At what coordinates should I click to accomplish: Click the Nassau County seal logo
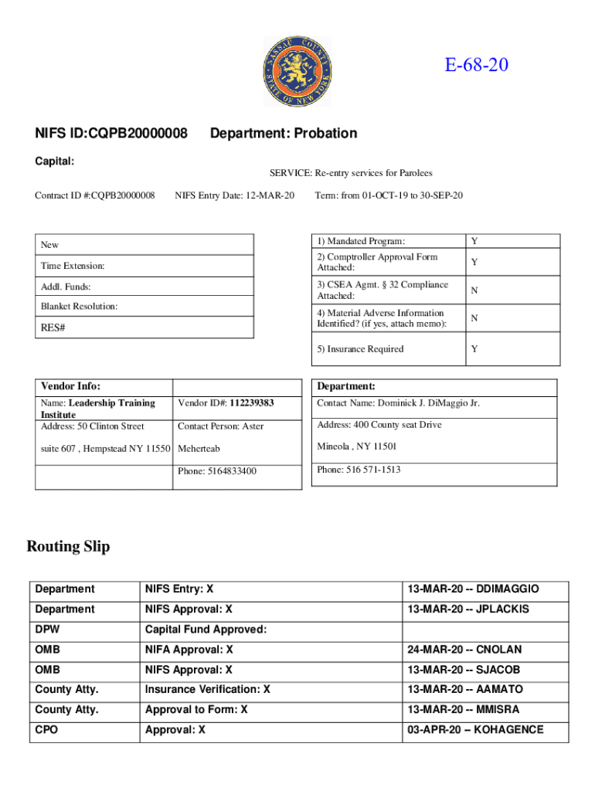(x=297, y=73)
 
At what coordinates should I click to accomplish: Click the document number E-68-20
(x=476, y=65)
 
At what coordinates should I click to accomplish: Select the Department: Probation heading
(x=284, y=134)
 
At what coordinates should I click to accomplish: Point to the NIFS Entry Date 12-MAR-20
(x=235, y=195)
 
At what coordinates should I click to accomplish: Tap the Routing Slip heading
(x=68, y=547)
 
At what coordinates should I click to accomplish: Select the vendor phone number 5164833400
(x=217, y=471)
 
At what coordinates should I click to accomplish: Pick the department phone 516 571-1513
(x=359, y=470)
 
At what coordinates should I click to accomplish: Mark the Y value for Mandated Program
(x=474, y=242)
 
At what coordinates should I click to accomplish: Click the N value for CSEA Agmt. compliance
(x=474, y=290)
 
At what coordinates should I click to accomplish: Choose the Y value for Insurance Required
(x=474, y=349)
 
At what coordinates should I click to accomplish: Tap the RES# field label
(x=53, y=328)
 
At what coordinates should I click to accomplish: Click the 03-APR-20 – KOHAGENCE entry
(x=474, y=730)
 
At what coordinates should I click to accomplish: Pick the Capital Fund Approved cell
(x=206, y=630)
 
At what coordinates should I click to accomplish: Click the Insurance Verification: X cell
(x=208, y=689)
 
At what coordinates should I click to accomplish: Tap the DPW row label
(x=47, y=630)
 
